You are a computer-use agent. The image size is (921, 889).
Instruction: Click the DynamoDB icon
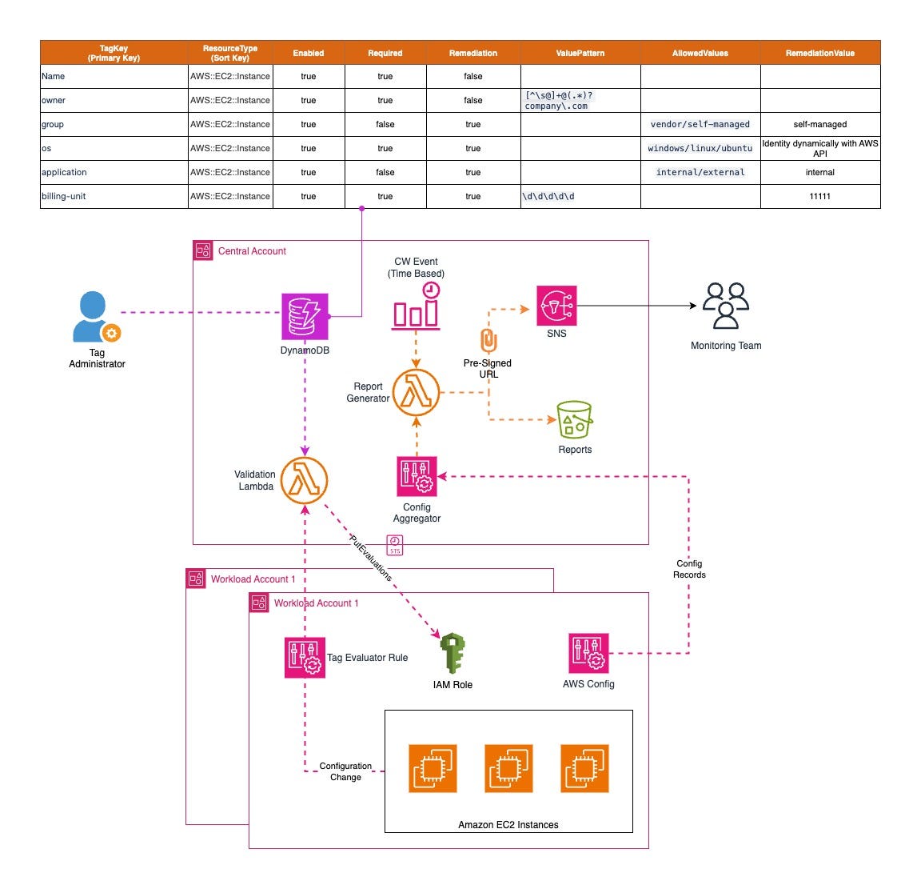tap(305, 316)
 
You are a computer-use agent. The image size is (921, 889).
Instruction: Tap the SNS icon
tap(556, 306)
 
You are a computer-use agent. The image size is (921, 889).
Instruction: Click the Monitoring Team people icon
tap(725, 306)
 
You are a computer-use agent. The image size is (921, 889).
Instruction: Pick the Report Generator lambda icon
tap(416, 393)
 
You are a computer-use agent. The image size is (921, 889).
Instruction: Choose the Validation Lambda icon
tap(304, 480)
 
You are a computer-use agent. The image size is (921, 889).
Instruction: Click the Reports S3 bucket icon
tap(575, 420)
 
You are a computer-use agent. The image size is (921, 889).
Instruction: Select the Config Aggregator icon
tap(417, 477)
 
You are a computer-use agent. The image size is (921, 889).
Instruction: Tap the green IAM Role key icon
tap(453, 653)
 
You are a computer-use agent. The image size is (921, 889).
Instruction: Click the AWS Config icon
tap(588, 653)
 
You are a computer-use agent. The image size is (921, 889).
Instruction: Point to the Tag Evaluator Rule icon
tap(305, 657)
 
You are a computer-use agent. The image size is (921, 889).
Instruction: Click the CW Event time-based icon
tap(416, 306)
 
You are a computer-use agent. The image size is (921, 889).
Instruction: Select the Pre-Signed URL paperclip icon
tap(488, 341)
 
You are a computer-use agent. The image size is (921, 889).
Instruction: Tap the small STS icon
tap(395, 546)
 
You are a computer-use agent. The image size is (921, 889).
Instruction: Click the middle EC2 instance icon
tap(508, 768)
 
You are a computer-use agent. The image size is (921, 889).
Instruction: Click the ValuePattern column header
tap(580, 53)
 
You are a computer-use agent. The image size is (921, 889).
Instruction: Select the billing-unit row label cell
tap(114, 196)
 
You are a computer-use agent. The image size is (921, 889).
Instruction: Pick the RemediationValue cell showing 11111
tap(819, 196)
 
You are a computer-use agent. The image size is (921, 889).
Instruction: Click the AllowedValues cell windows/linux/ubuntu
tap(700, 148)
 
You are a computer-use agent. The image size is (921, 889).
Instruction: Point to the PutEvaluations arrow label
tap(370, 559)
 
